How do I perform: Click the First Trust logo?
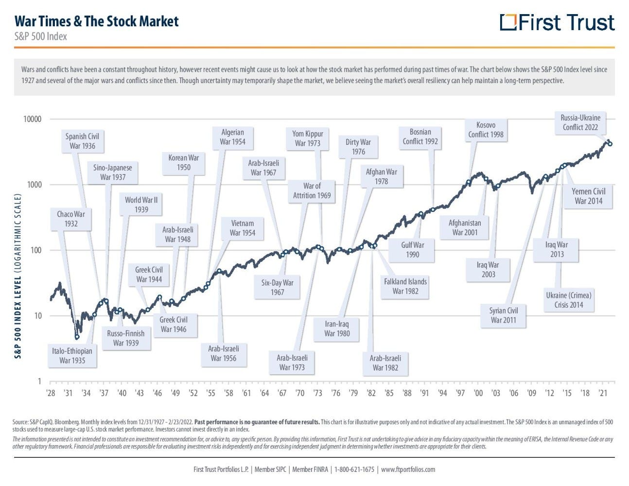(557, 22)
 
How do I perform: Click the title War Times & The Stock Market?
(96, 21)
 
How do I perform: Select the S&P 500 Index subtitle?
(41, 36)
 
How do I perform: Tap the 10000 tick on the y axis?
(33, 119)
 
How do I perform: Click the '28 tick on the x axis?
(51, 393)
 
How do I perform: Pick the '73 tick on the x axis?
(317, 393)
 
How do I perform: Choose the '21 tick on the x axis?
(603, 393)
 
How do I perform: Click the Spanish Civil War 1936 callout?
(82, 141)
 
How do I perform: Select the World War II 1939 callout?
(141, 205)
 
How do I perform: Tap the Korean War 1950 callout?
(184, 162)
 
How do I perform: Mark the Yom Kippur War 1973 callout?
(307, 138)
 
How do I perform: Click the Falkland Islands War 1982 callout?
(405, 286)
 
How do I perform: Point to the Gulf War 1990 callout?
(412, 249)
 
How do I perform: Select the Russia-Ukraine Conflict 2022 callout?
(580, 122)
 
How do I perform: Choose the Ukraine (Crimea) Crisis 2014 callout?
(568, 300)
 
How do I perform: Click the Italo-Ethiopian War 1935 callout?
(72, 355)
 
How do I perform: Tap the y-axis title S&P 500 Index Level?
(18, 276)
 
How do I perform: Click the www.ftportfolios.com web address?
(408, 469)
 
